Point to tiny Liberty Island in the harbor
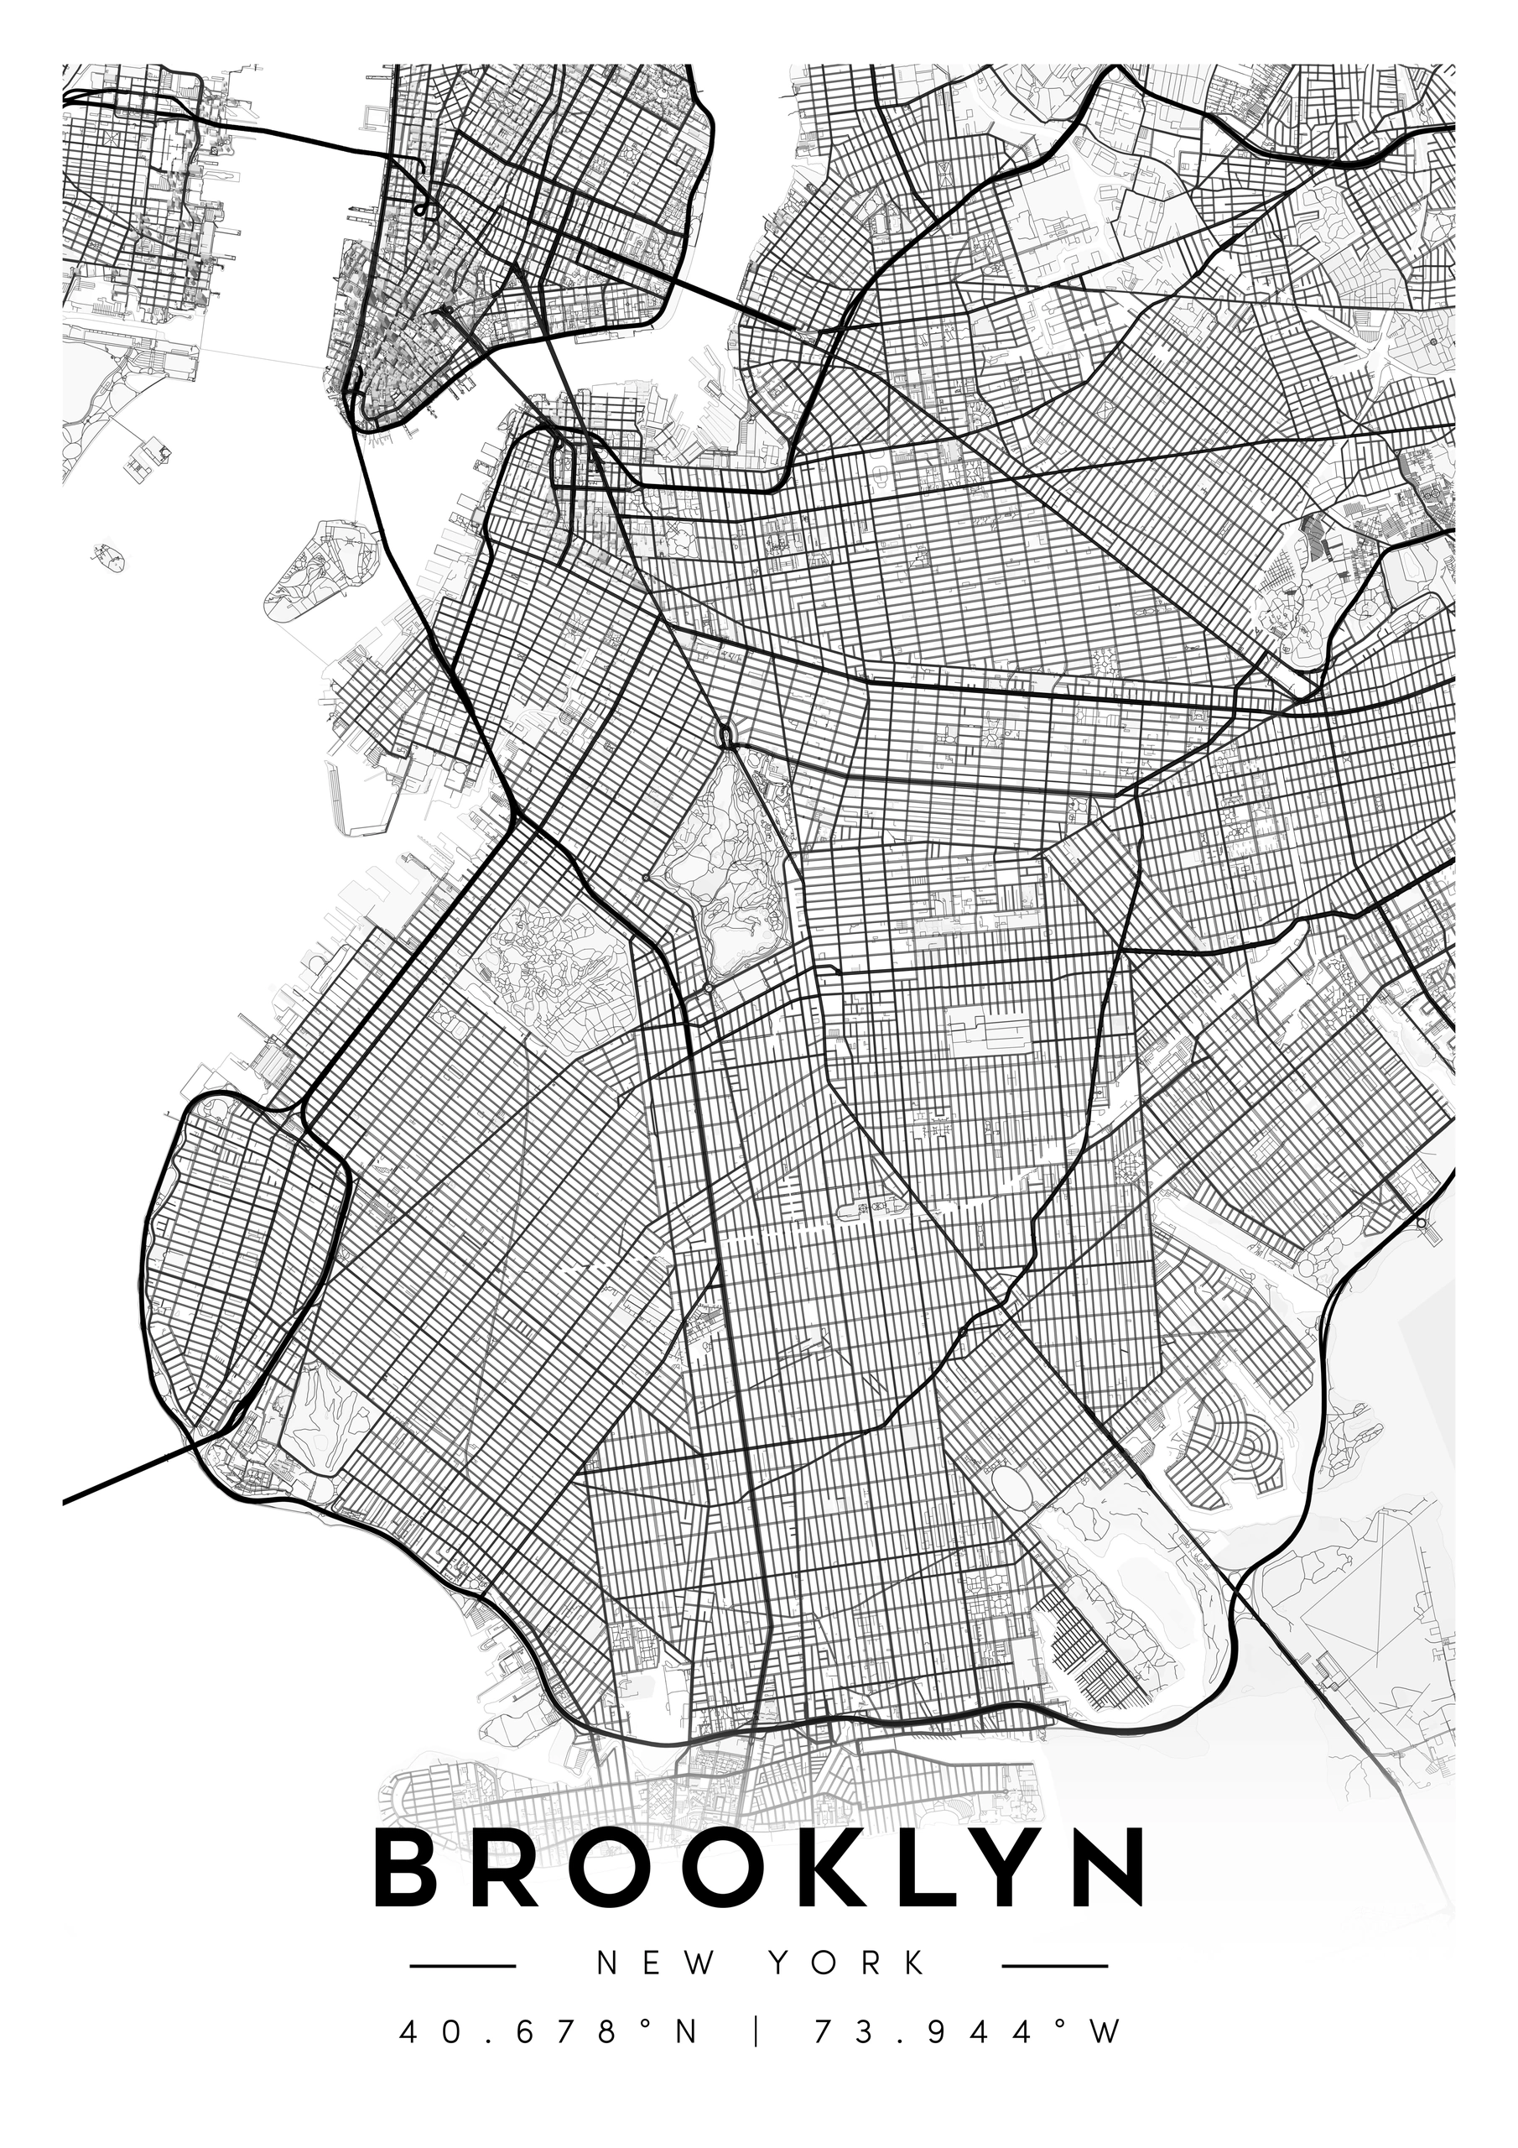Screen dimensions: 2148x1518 click(109, 555)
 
